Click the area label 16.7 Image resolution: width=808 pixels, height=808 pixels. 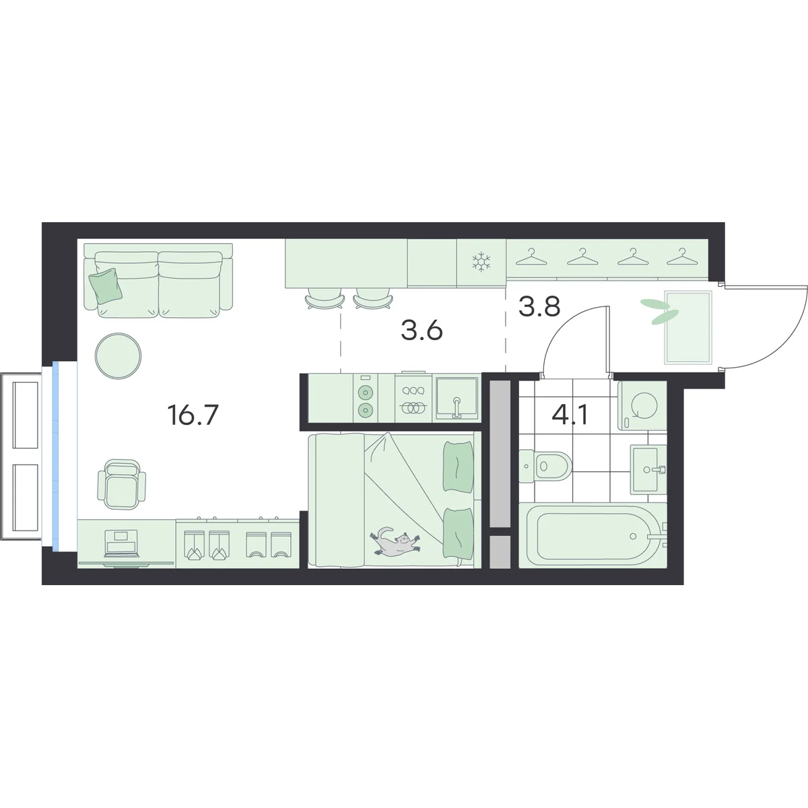point(193,415)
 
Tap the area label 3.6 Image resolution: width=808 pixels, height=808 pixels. point(422,331)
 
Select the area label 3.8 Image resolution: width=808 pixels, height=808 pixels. point(539,307)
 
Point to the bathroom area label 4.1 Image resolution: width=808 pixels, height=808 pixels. point(570,415)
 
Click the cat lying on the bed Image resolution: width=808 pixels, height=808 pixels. point(395,542)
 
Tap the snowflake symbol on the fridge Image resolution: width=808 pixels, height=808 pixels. point(481,261)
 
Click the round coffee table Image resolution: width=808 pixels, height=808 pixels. point(119,356)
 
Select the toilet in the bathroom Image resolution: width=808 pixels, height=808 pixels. point(545,465)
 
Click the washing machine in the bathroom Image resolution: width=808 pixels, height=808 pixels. point(642,405)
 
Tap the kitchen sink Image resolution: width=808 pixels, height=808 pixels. point(457,398)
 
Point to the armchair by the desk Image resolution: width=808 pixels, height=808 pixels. point(122,485)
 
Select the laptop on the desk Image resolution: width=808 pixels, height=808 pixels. point(122,543)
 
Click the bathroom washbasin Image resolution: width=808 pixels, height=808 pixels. point(648,469)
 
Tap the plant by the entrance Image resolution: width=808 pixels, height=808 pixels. point(661,311)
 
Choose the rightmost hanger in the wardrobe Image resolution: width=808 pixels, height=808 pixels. point(681,257)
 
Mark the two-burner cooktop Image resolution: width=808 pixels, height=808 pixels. point(365,399)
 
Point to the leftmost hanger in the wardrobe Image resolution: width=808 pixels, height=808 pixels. point(532,257)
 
